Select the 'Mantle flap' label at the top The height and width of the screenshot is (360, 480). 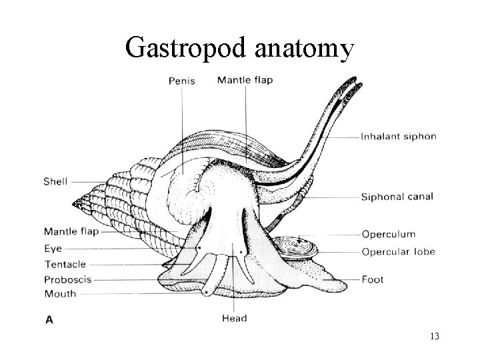point(245,81)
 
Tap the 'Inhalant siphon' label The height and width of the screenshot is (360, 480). point(399,137)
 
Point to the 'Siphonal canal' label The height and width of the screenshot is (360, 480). point(397,197)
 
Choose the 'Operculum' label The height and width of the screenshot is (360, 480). point(388,234)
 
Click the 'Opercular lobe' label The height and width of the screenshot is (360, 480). point(399,251)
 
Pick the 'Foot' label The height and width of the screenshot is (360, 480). point(373,279)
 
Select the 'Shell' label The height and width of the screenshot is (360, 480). point(55,181)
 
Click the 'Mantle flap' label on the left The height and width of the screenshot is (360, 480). point(71,232)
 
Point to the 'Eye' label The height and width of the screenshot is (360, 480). point(53,248)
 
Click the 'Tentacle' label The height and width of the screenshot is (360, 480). point(65,264)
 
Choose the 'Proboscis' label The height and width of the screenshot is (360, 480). point(67,279)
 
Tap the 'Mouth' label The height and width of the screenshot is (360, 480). point(60,294)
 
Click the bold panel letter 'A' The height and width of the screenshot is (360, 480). point(49,319)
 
